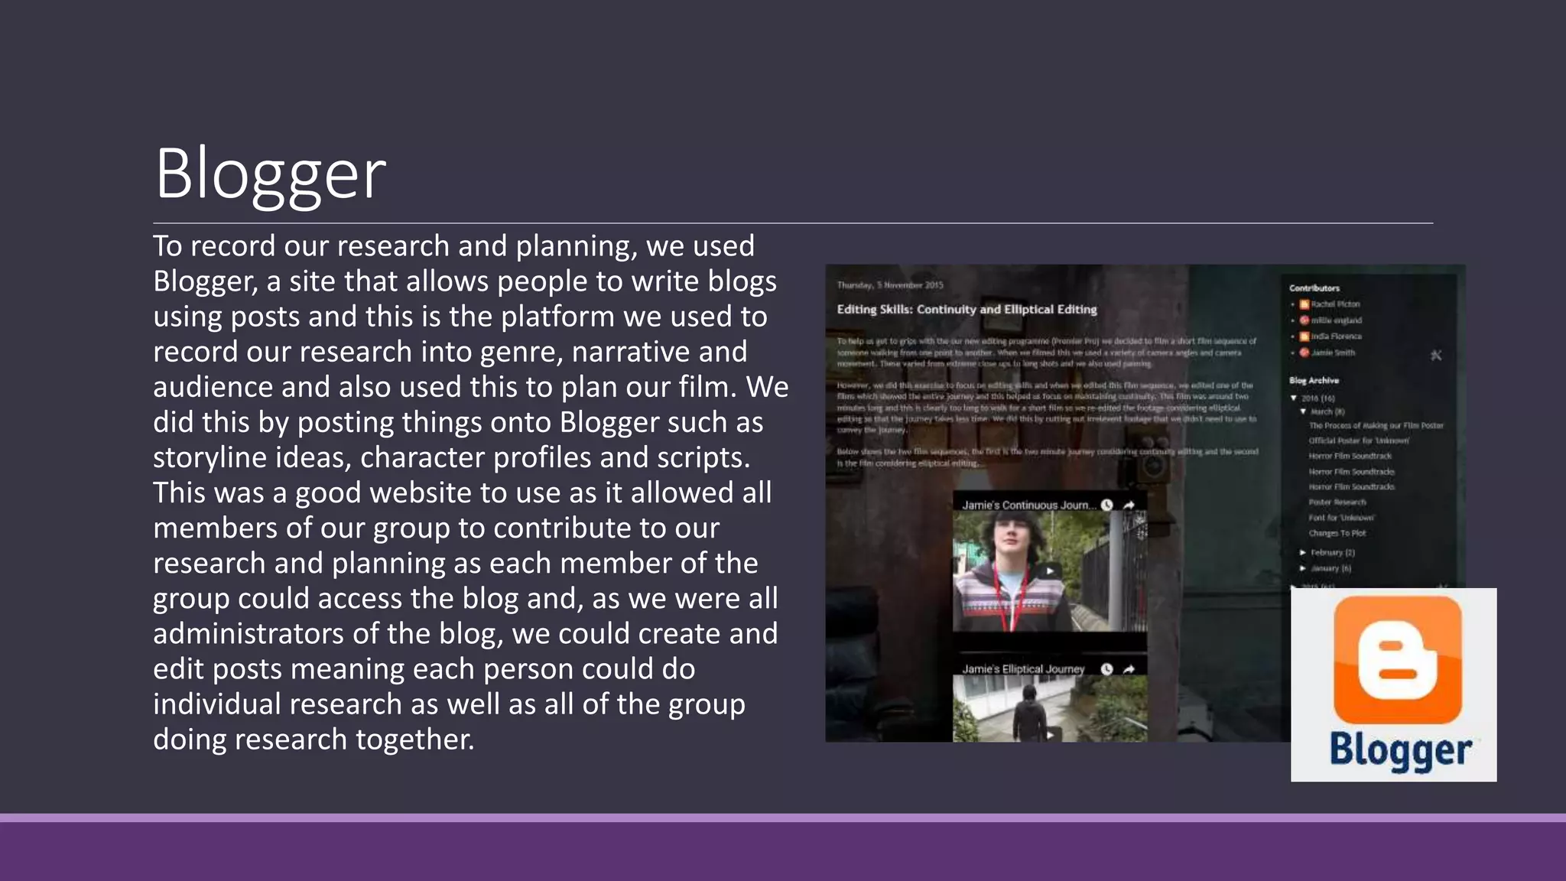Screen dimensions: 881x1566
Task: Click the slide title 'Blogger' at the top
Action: (x=270, y=174)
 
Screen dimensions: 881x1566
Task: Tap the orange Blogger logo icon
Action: (x=1397, y=659)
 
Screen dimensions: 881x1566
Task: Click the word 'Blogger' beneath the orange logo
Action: (x=1400, y=750)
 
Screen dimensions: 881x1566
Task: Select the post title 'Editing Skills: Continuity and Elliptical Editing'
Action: (x=967, y=310)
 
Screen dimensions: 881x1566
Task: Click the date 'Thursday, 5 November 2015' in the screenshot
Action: (x=890, y=285)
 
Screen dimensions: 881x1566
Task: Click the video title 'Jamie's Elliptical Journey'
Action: (x=1023, y=669)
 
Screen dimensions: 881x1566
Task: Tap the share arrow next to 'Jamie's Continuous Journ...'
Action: (x=1129, y=505)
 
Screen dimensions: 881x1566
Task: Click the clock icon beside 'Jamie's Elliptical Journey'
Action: (x=1106, y=669)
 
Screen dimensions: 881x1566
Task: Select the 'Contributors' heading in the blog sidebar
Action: (x=1314, y=288)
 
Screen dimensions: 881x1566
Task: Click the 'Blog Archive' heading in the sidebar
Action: (x=1314, y=380)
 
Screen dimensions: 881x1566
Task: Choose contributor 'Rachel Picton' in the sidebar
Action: (x=1335, y=304)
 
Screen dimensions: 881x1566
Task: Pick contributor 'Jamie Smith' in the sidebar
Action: (x=1333, y=353)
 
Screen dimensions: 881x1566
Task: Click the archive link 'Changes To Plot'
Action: (x=1337, y=533)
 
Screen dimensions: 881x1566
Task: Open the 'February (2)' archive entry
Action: (x=1332, y=552)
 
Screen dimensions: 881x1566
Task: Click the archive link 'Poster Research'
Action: (x=1337, y=502)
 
